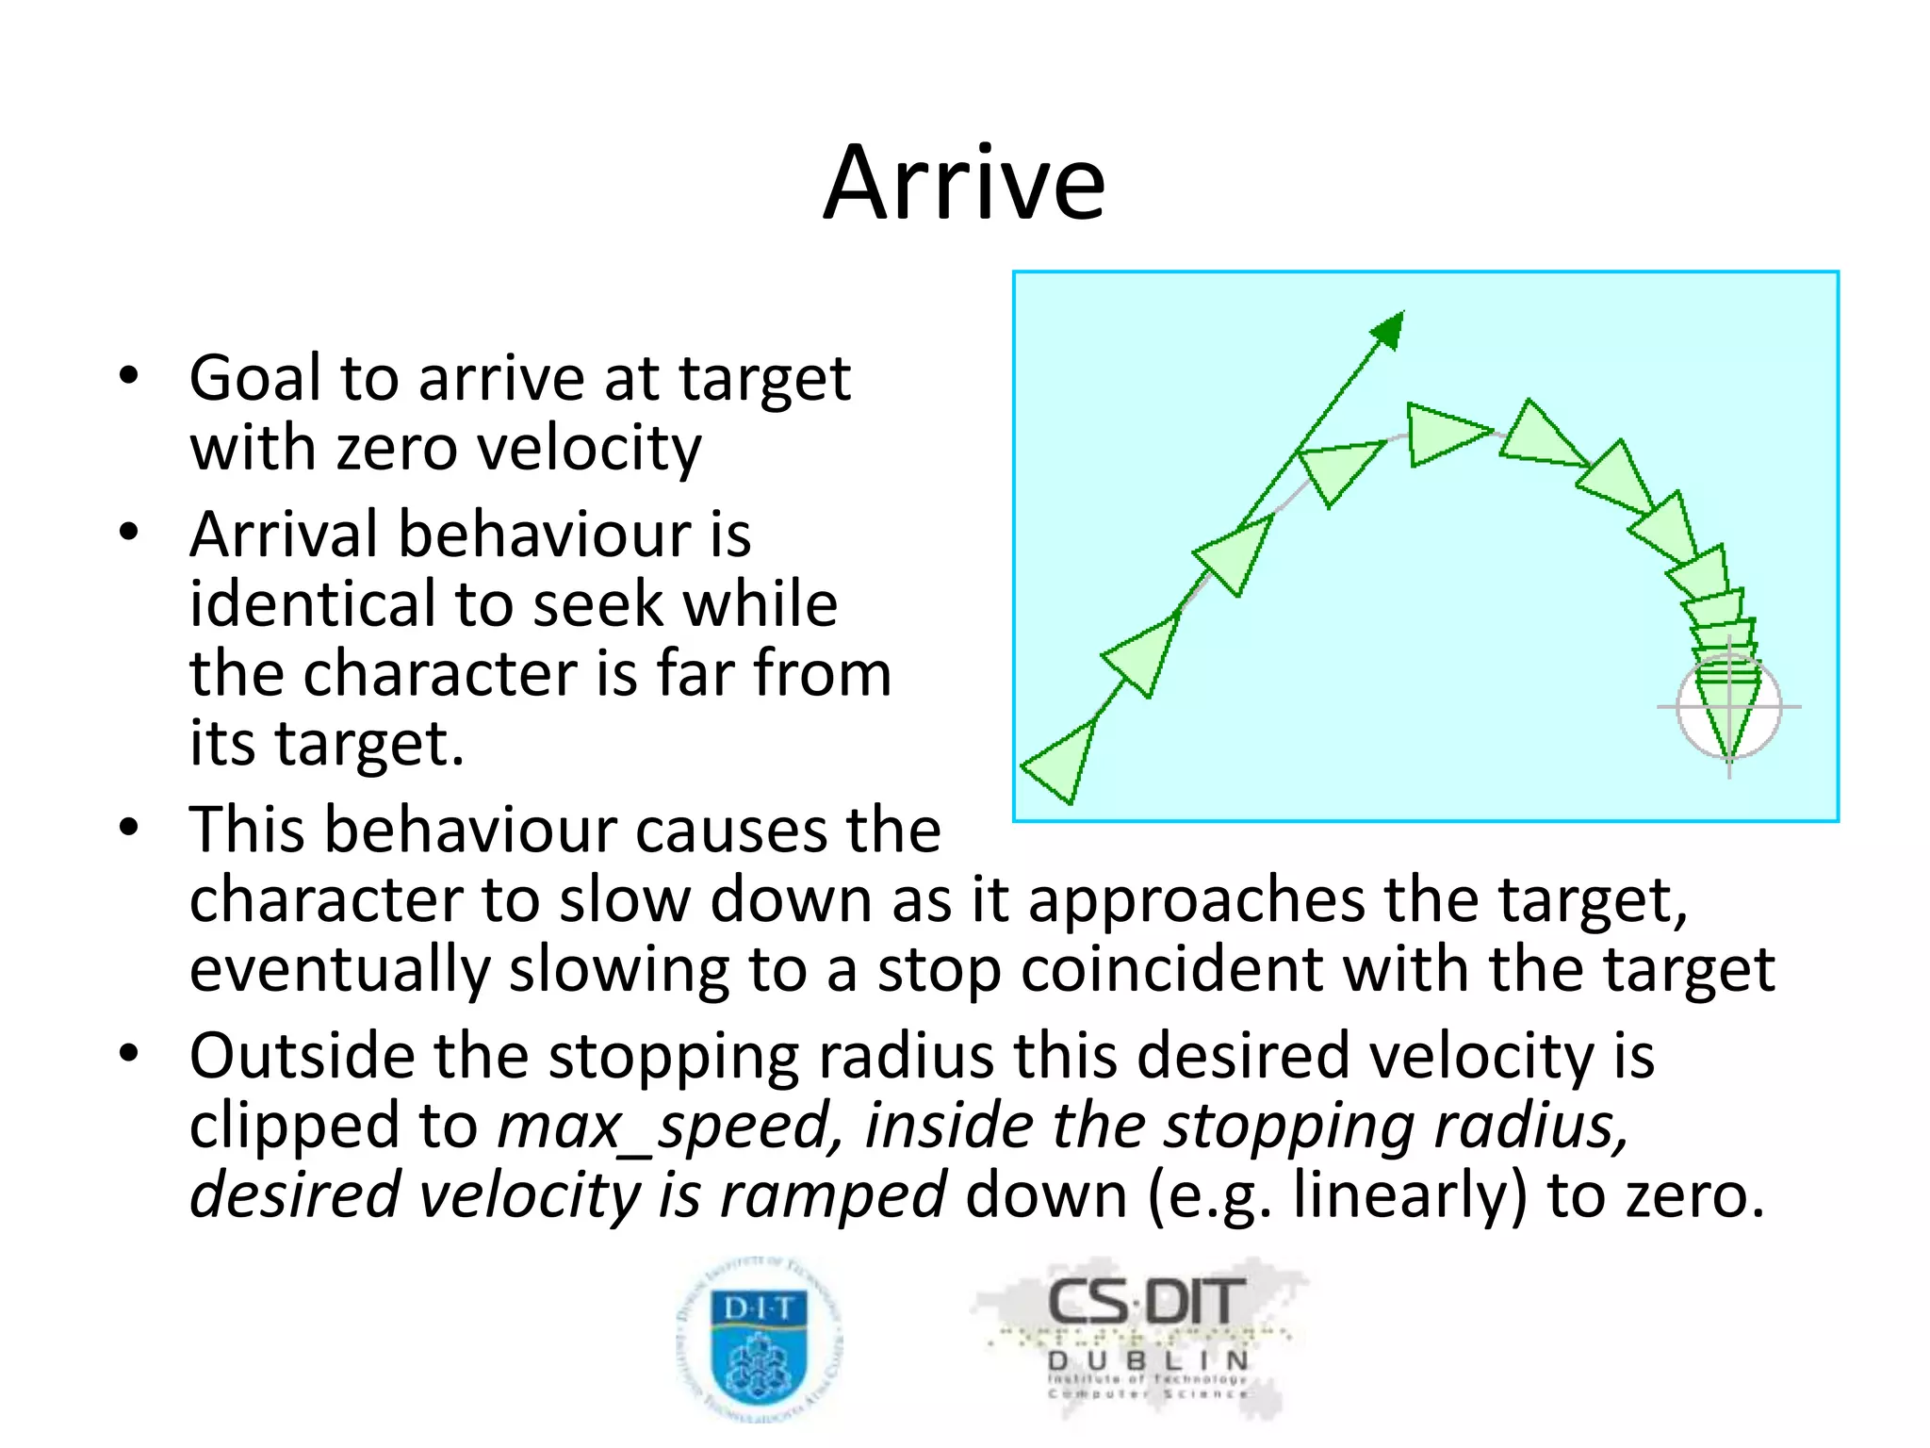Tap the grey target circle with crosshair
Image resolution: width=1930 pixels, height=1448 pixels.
click(1728, 707)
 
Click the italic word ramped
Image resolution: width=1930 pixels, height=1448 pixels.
click(832, 1195)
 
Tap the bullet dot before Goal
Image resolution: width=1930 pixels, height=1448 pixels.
click(129, 376)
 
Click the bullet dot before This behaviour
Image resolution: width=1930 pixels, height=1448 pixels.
click(129, 828)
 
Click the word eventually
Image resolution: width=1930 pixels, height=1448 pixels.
click(339, 970)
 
